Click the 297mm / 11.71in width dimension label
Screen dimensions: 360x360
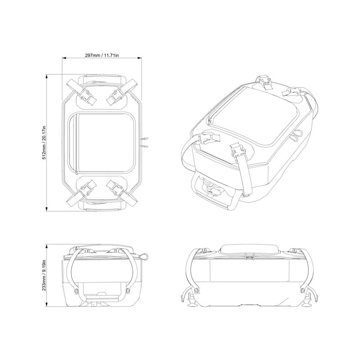pyautogui.click(x=102, y=55)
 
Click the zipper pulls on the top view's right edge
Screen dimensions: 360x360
pyautogui.click(x=145, y=142)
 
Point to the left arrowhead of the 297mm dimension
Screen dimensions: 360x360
pyautogui.click(x=64, y=58)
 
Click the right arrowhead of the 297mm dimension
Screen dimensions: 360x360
pyautogui.click(x=139, y=58)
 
